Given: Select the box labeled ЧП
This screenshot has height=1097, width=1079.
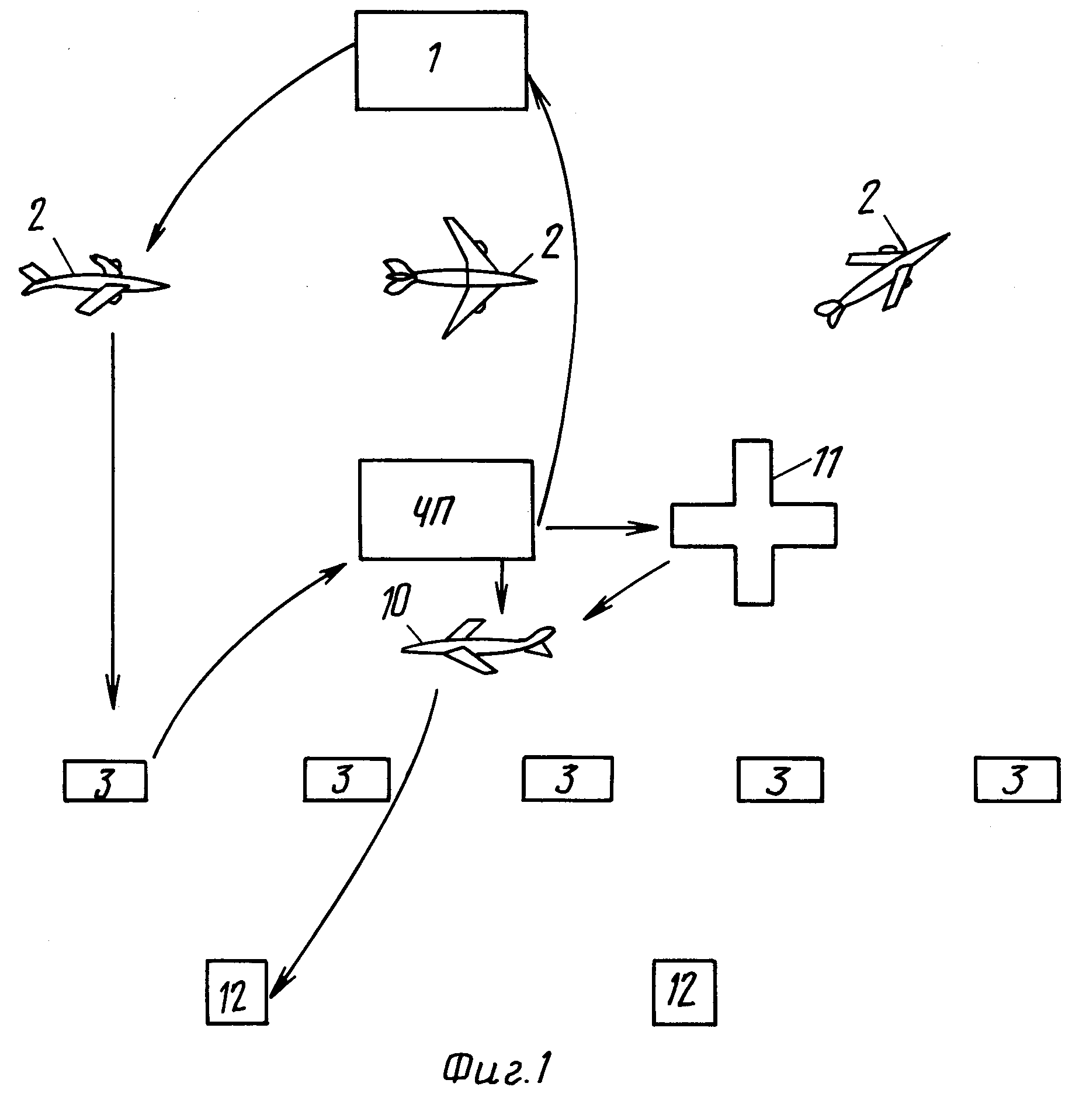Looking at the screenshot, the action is pos(447,510).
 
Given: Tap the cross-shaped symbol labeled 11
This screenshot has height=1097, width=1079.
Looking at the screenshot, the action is pos(754,522).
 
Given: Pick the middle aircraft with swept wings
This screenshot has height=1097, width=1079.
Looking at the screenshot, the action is pos(460,278).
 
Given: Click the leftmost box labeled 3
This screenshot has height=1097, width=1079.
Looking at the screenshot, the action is pos(105,780).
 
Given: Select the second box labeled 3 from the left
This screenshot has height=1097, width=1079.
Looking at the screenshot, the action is pos(346,779).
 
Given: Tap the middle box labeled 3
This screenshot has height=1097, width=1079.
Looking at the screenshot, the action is pos(567,778).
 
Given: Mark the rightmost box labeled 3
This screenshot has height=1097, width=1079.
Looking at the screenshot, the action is pos(1017,778).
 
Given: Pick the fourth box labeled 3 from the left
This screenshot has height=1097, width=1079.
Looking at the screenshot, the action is pos(780,779).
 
